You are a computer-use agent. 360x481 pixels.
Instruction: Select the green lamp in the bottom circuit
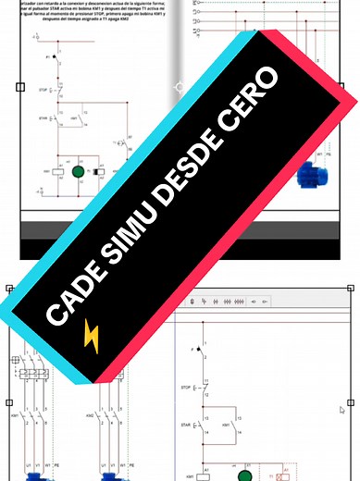click(246, 475)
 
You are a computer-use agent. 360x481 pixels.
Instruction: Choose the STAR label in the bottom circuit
click(185, 426)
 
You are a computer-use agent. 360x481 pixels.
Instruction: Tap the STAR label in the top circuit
click(43, 118)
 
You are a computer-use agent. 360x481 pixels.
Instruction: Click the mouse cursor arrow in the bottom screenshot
click(342, 408)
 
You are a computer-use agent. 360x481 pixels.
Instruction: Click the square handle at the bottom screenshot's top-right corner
click(353, 289)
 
